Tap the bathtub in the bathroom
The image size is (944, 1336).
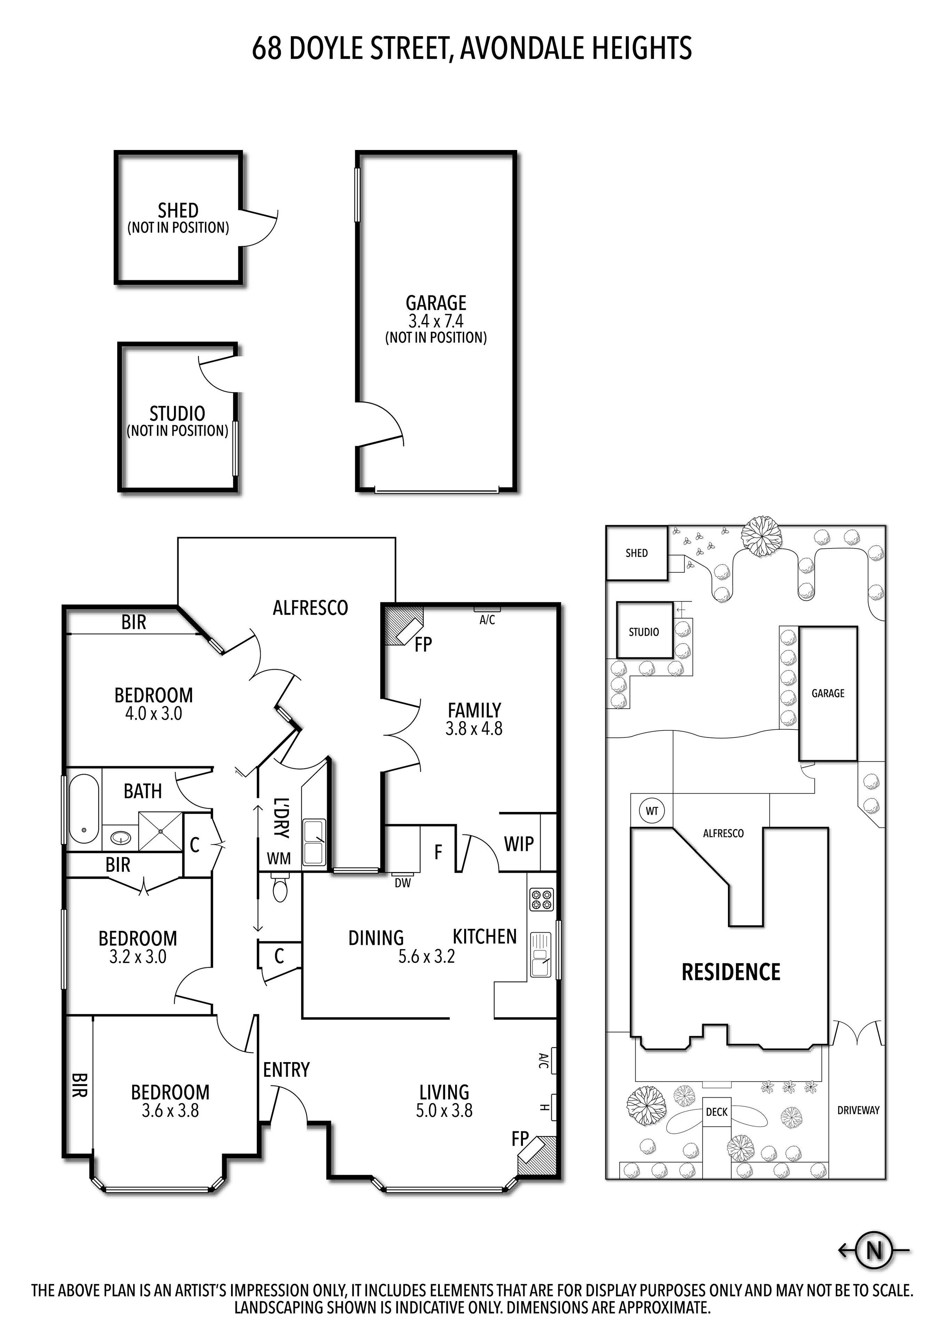(x=84, y=809)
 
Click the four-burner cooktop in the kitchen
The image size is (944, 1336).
(x=541, y=900)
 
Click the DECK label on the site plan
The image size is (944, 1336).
(x=716, y=1112)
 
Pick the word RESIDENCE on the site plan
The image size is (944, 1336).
(x=731, y=972)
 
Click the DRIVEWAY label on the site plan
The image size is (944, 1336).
(x=858, y=1110)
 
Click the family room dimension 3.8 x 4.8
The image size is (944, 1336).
(x=474, y=728)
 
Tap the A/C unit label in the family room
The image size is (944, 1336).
(x=487, y=620)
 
